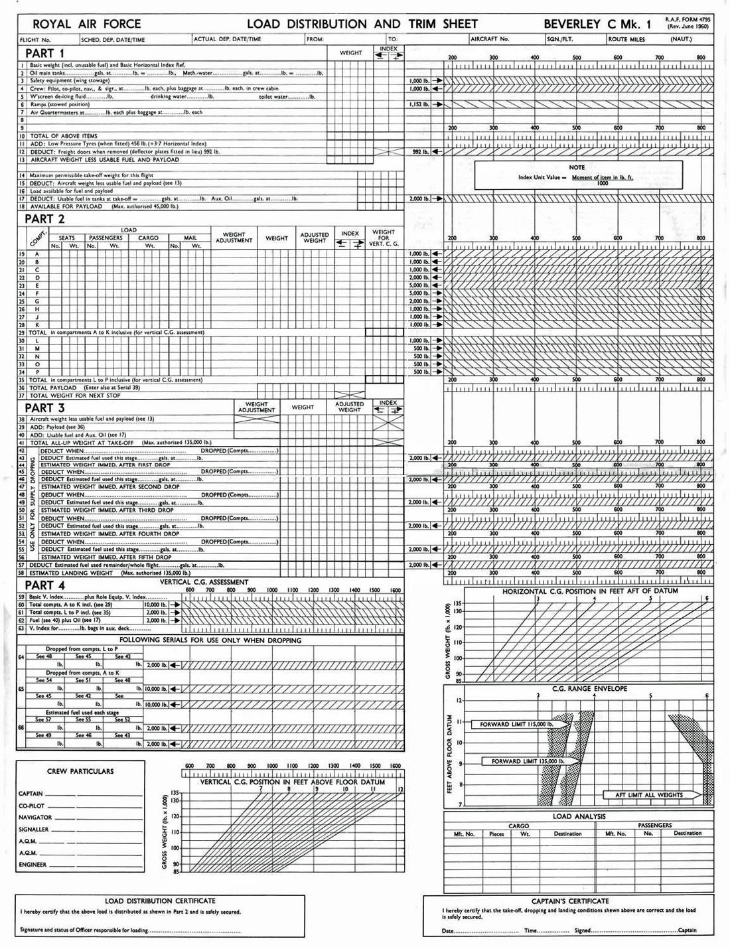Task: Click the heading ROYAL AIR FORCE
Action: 86,24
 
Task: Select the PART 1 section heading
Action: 44,53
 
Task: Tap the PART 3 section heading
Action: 44,407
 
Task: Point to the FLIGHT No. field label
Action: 35,40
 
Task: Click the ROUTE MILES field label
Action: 626,40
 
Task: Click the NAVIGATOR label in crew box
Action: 35,818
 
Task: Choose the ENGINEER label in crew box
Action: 33,865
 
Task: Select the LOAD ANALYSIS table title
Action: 579,816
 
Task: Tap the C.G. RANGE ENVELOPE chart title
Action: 589,689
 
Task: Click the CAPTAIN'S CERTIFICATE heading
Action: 570,901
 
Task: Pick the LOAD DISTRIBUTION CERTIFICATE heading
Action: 160,901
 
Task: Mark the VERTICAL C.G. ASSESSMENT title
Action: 204,581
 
